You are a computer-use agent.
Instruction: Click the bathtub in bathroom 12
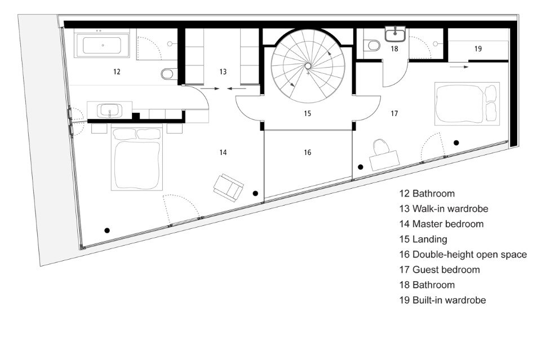102,45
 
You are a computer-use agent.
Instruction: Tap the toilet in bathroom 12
168,74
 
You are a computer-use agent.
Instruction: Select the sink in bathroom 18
395,34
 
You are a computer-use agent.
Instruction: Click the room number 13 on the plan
223,72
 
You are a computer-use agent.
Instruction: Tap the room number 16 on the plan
308,153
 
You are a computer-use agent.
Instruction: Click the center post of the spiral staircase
308,66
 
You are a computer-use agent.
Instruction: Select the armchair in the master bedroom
228,188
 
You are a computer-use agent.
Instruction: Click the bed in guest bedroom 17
467,104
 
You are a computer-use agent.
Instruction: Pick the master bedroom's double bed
137,157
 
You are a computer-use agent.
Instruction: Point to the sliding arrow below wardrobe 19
459,67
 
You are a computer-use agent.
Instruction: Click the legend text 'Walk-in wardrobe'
450,208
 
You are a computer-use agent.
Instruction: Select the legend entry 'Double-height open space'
463,255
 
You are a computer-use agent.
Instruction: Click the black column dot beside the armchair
255,193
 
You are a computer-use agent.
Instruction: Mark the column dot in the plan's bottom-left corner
107,230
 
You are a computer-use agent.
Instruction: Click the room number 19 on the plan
478,48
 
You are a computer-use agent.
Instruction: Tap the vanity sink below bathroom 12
109,110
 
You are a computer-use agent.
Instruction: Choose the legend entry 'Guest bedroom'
440,270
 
